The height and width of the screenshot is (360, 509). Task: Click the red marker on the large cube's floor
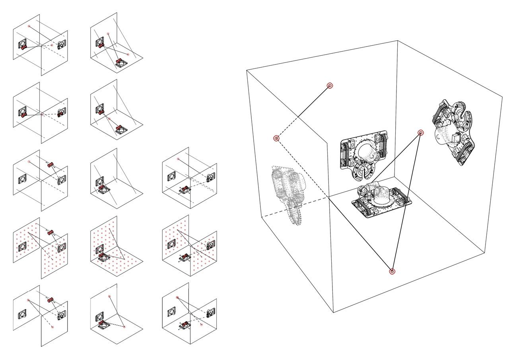click(x=392, y=271)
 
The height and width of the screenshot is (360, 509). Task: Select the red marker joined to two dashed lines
click(x=276, y=138)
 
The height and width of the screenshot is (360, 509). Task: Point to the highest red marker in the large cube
click(x=329, y=86)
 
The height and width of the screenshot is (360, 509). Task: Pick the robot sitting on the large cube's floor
click(x=381, y=199)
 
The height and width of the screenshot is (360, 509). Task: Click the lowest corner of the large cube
click(x=333, y=313)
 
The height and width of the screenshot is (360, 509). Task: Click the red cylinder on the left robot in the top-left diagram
click(x=24, y=47)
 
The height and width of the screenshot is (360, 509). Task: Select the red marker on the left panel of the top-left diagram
click(x=29, y=26)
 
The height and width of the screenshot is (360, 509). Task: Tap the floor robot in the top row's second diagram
click(x=120, y=62)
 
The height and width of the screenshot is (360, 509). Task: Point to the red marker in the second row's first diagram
click(x=43, y=114)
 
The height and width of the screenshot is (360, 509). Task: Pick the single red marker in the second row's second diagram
click(x=109, y=119)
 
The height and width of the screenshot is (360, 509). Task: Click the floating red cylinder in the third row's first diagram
click(x=51, y=165)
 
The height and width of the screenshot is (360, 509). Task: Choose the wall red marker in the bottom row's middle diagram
click(x=109, y=296)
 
